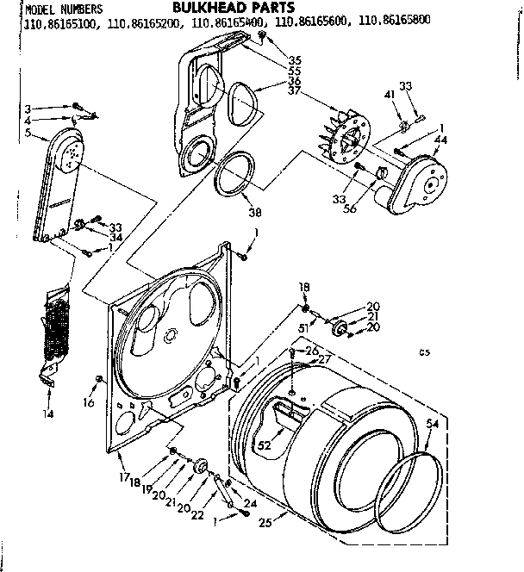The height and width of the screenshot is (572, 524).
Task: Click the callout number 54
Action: click(433, 423)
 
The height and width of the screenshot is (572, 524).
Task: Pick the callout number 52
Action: click(265, 445)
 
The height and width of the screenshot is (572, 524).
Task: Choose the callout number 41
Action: click(388, 92)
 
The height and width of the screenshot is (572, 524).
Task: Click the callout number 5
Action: click(30, 134)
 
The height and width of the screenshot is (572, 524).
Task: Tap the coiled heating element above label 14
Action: click(55, 326)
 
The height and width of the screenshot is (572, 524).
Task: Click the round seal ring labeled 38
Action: click(234, 175)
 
